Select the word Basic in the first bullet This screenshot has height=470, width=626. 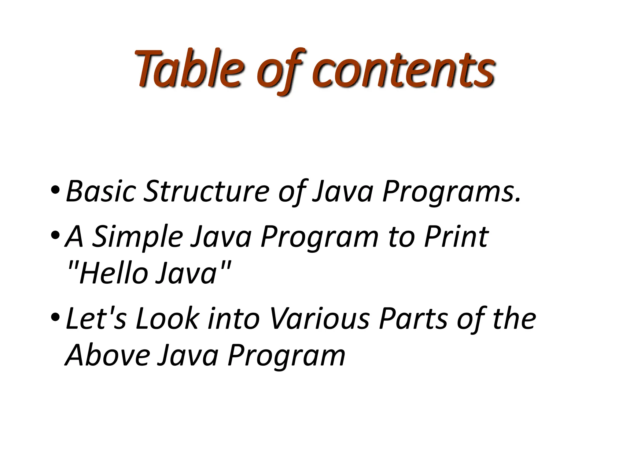[x=101, y=191]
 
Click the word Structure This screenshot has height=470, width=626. [x=206, y=191]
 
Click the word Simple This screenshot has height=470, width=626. [x=138, y=237]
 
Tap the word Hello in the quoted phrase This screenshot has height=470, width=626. [x=113, y=273]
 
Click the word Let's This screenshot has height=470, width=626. [x=96, y=319]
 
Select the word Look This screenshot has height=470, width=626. [x=167, y=319]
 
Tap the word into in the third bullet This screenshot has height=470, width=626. [x=234, y=319]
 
